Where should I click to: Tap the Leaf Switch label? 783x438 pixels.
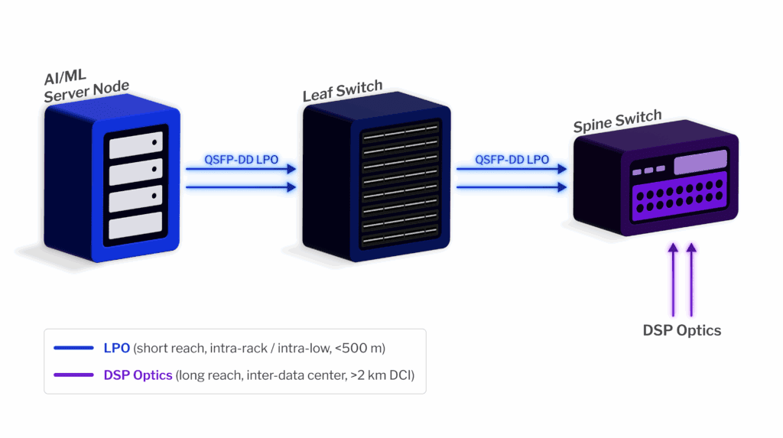[x=342, y=90]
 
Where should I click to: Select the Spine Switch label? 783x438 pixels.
[x=617, y=122]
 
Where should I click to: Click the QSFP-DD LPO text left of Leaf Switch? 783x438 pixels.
[x=241, y=160]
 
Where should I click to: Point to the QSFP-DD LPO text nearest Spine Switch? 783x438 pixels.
[x=512, y=160]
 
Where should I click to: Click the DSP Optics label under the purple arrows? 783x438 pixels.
[x=681, y=330]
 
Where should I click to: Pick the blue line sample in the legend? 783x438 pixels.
[x=73, y=348]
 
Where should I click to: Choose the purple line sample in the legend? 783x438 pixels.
[x=73, y=375]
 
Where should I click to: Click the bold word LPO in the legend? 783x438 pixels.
[x=116, y=348]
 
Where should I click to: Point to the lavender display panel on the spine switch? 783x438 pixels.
[x=700, y=162]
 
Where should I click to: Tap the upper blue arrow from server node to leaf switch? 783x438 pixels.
[x=241, y=170]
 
